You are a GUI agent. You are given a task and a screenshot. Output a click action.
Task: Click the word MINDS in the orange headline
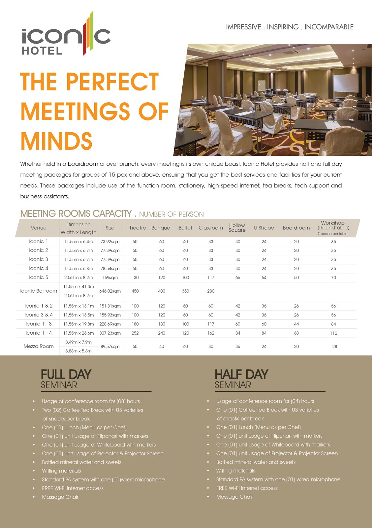(56, 141)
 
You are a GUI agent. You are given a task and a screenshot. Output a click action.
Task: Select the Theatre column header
(137, 228)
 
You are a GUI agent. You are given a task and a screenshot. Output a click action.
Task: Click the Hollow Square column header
(237, 228)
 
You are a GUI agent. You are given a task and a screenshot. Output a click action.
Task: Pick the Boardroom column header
(296, 228)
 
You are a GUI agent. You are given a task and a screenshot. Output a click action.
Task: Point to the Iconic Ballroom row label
(39, 291)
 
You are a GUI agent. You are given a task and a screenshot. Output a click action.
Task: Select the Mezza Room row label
(39, 346)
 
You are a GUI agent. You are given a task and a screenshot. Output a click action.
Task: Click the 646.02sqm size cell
(110, 291)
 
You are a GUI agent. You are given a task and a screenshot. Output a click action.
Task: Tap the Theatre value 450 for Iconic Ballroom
(135, 291)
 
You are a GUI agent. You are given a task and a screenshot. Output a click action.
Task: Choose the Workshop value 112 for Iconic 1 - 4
(333, 333)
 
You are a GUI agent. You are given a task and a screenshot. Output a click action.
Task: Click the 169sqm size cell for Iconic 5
(110, 278)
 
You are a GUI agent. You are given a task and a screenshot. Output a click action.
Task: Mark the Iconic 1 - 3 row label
(39, 324)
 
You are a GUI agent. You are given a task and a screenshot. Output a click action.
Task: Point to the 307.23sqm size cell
(110, 333)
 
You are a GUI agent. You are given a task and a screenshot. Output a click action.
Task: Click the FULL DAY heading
(66, 375)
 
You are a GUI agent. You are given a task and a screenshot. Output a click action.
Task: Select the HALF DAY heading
(241, 375)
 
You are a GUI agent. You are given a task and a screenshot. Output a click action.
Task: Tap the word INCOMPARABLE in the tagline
(329, 27)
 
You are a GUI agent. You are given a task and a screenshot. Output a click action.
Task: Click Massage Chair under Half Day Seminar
(234, 497)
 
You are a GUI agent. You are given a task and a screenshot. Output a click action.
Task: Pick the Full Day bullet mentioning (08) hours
(91, 401)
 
